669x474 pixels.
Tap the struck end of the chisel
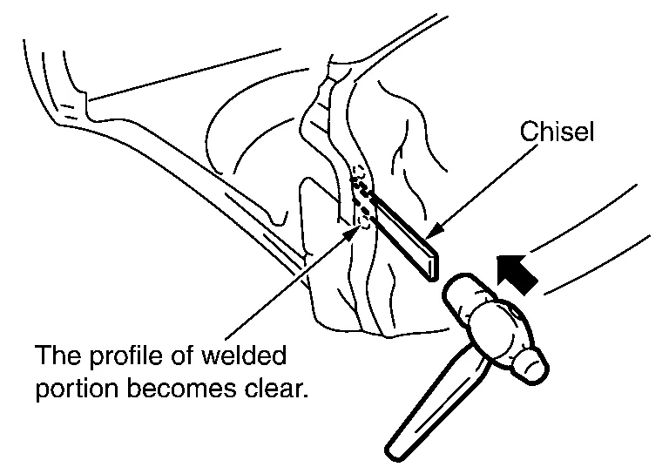pyautogui.click(x=432, y=263)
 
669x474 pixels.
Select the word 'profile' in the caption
pyautogui.click(x=120, y=357)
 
